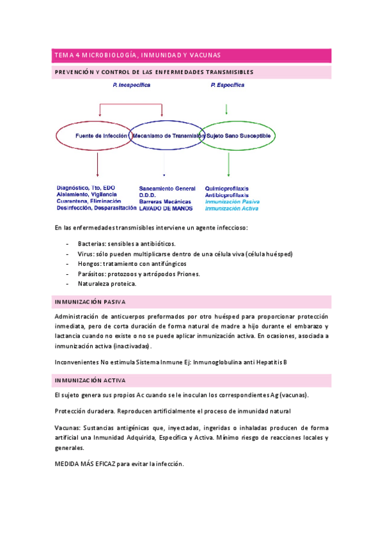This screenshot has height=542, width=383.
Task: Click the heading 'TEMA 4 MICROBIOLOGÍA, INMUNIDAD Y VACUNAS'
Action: click(137, 56)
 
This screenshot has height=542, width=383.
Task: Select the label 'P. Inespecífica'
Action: click(130, 84)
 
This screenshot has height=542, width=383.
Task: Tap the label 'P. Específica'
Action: click(226, 84)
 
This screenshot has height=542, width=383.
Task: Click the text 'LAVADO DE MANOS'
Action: click(166, 208)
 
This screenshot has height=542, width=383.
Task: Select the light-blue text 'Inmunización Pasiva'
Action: click(232, 201)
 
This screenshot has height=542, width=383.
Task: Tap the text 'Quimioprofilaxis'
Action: click(227, 189)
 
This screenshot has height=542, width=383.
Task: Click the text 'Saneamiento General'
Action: click(167, 189)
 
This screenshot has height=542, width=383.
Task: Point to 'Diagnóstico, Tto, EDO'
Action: click(86, 188)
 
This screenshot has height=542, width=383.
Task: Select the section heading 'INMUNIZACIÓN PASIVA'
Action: click(90, 301)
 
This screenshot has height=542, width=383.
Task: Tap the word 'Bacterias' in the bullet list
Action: click(91, 244)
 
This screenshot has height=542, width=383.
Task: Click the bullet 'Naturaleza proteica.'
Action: click(107, 284)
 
